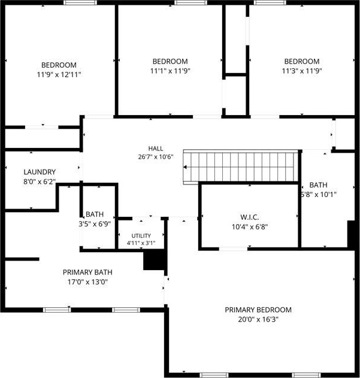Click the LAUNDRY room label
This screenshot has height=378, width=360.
(40, 172)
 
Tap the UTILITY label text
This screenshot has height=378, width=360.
(141, 235)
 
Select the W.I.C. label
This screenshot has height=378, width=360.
(250, 217)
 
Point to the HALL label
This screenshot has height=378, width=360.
(156, 148)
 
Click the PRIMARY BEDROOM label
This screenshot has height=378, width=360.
(258, 310)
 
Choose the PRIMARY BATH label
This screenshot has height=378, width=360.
(87, 272)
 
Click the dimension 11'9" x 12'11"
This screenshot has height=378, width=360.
(59, 74)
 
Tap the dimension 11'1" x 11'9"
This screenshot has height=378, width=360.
(170, 71)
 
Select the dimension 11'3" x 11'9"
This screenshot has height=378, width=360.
(302, 71)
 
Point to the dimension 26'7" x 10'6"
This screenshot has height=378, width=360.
(156, 157)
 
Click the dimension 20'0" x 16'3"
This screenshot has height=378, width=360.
(258, 319)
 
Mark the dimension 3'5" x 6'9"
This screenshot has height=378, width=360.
(95, 224)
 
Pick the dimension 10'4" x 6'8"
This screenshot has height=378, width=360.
(250, 227)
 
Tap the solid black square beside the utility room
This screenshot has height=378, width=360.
(155, 259)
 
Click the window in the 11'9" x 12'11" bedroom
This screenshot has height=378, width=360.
(80, 2)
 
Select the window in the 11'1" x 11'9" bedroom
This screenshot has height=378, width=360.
(190, 2)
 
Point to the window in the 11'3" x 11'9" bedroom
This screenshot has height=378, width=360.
(270, 2)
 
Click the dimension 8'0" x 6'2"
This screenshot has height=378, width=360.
(40, 182)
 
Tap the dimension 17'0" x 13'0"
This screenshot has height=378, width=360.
(87, 282)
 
